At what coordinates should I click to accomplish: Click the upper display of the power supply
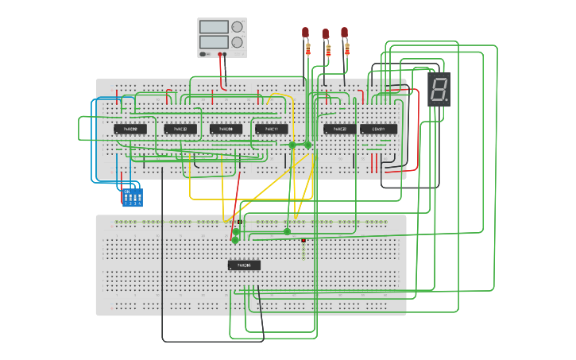coord(215,27)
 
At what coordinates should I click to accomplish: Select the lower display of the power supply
coord(215,41)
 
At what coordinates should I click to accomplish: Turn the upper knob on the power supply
coord(237,27)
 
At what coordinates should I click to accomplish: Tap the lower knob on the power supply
coord(237,42)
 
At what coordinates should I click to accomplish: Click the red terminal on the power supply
coord(220,55)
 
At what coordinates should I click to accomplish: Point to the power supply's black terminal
coord(225,55)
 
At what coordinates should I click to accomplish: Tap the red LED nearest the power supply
coord(305,32)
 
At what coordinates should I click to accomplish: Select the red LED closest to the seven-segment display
coord(344,32)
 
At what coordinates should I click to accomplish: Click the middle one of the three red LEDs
coord(325,33)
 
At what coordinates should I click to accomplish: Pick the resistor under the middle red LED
coord(327,51)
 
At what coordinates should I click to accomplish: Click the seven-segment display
coord(439,89)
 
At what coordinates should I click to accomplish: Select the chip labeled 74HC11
coord(272,129)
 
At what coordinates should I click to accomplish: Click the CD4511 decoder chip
coord(378,129)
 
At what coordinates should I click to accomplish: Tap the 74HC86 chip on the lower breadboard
coord(244,265)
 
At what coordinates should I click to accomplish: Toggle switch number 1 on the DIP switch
coord(126,197)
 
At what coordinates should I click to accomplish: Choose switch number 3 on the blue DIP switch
coord(134,197)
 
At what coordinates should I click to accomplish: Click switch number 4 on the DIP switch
coord(139,197)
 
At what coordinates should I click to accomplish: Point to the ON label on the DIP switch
coord(126,191)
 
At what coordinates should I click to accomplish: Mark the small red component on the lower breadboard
coord(303,240)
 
